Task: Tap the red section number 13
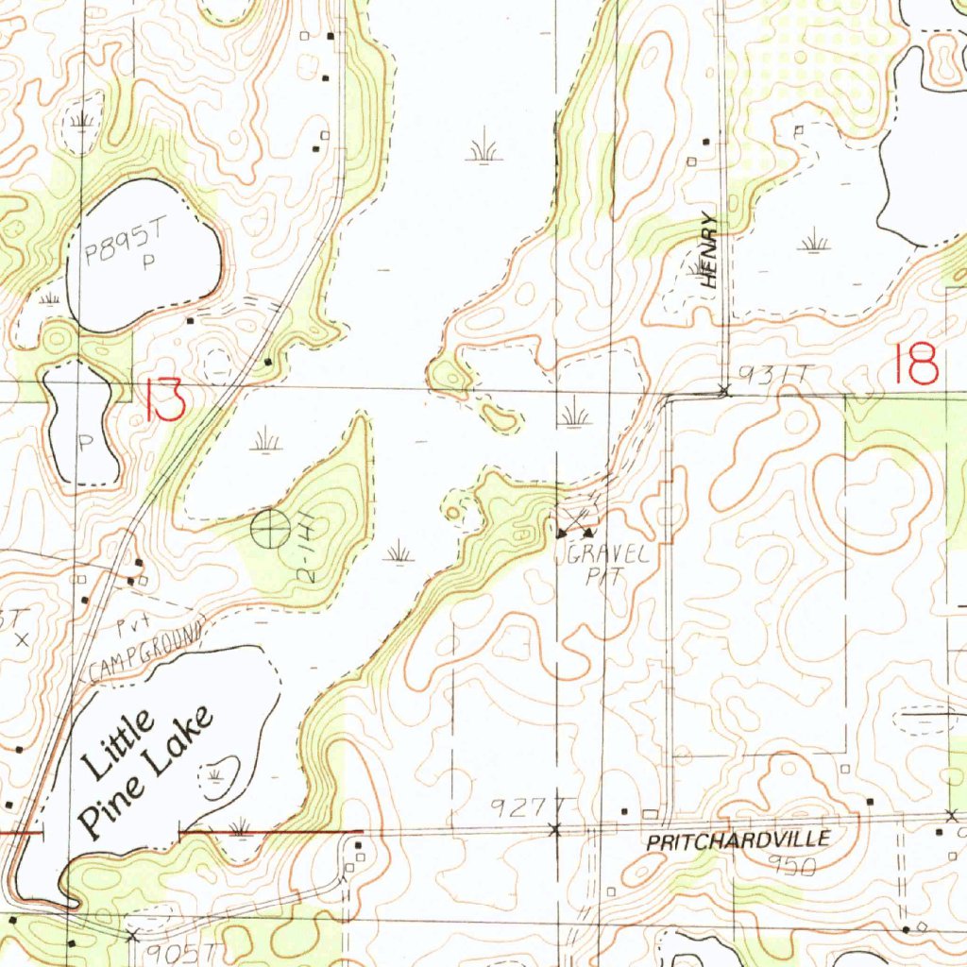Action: [165, 401]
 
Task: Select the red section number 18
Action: [918, 364]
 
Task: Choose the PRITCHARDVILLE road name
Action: [738, 840]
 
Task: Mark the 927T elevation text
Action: [518, 806]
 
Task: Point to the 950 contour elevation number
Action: [791, 865]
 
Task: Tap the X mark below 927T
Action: [554, 829]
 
